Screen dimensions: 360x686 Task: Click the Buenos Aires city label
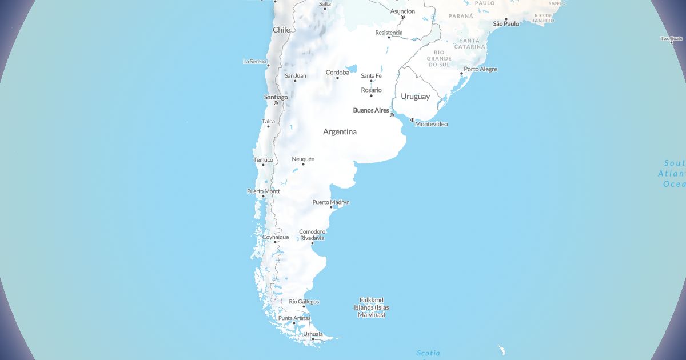(371, 110)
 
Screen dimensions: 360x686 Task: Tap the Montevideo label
(431, 124)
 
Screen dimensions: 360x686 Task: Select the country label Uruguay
(415, 96)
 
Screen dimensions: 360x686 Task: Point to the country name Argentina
(340, 131)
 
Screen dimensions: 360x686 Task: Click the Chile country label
(281, 29)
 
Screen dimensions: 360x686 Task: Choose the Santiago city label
(276, 97)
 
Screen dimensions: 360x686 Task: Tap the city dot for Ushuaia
(313, 339)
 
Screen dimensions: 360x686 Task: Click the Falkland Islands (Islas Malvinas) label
(372, 307)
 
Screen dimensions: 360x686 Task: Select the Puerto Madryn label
(331, 202)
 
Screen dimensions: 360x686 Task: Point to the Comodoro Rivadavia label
(312, 235)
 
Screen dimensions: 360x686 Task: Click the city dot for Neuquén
(303, 165)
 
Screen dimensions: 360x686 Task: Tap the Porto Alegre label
(481, 69)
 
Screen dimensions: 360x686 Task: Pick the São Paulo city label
(506, 24)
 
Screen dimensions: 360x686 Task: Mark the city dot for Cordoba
(337, 78)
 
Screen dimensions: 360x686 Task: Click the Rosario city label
(371, 90)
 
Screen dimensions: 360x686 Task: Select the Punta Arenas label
(294, 318)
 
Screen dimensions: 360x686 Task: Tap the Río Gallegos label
(304, 301)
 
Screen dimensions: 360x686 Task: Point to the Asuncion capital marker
(402, 17)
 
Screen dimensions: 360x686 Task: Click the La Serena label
(255, 61)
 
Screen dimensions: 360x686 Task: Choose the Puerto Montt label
(264, 191)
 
